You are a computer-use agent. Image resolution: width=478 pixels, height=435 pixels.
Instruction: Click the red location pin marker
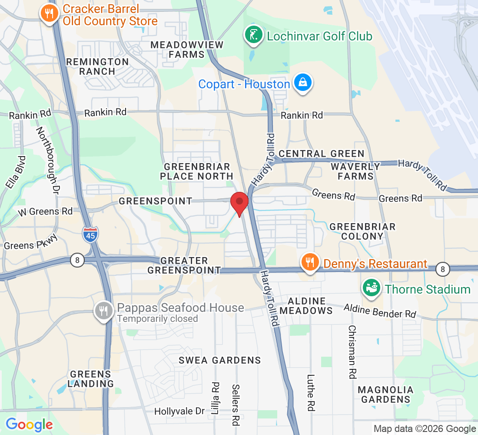pos(239,202)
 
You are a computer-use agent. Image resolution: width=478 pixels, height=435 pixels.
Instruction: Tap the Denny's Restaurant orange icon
pos(309,262)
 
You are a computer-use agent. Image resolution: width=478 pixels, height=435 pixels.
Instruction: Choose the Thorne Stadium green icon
pos(372,288)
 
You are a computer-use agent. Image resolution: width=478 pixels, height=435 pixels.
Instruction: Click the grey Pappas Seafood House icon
pos(103,311)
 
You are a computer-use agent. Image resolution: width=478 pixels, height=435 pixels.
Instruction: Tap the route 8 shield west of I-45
pos(77,260)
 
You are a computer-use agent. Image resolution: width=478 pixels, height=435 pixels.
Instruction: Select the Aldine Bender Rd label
pos(379,311)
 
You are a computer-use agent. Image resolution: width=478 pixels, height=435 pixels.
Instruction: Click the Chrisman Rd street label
pos(352,351)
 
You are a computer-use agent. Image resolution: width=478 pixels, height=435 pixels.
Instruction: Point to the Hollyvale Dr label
pos(179,411)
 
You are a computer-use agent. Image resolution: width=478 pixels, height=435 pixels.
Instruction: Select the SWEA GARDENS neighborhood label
pos(220,360)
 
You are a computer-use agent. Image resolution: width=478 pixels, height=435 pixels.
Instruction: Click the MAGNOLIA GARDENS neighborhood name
pos(385,394)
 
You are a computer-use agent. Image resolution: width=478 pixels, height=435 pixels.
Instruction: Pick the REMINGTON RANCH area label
pos(97,67)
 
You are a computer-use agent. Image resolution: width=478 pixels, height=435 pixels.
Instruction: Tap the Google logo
pos(29,424)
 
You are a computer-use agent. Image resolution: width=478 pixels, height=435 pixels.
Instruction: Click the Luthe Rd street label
pos(310,393)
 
